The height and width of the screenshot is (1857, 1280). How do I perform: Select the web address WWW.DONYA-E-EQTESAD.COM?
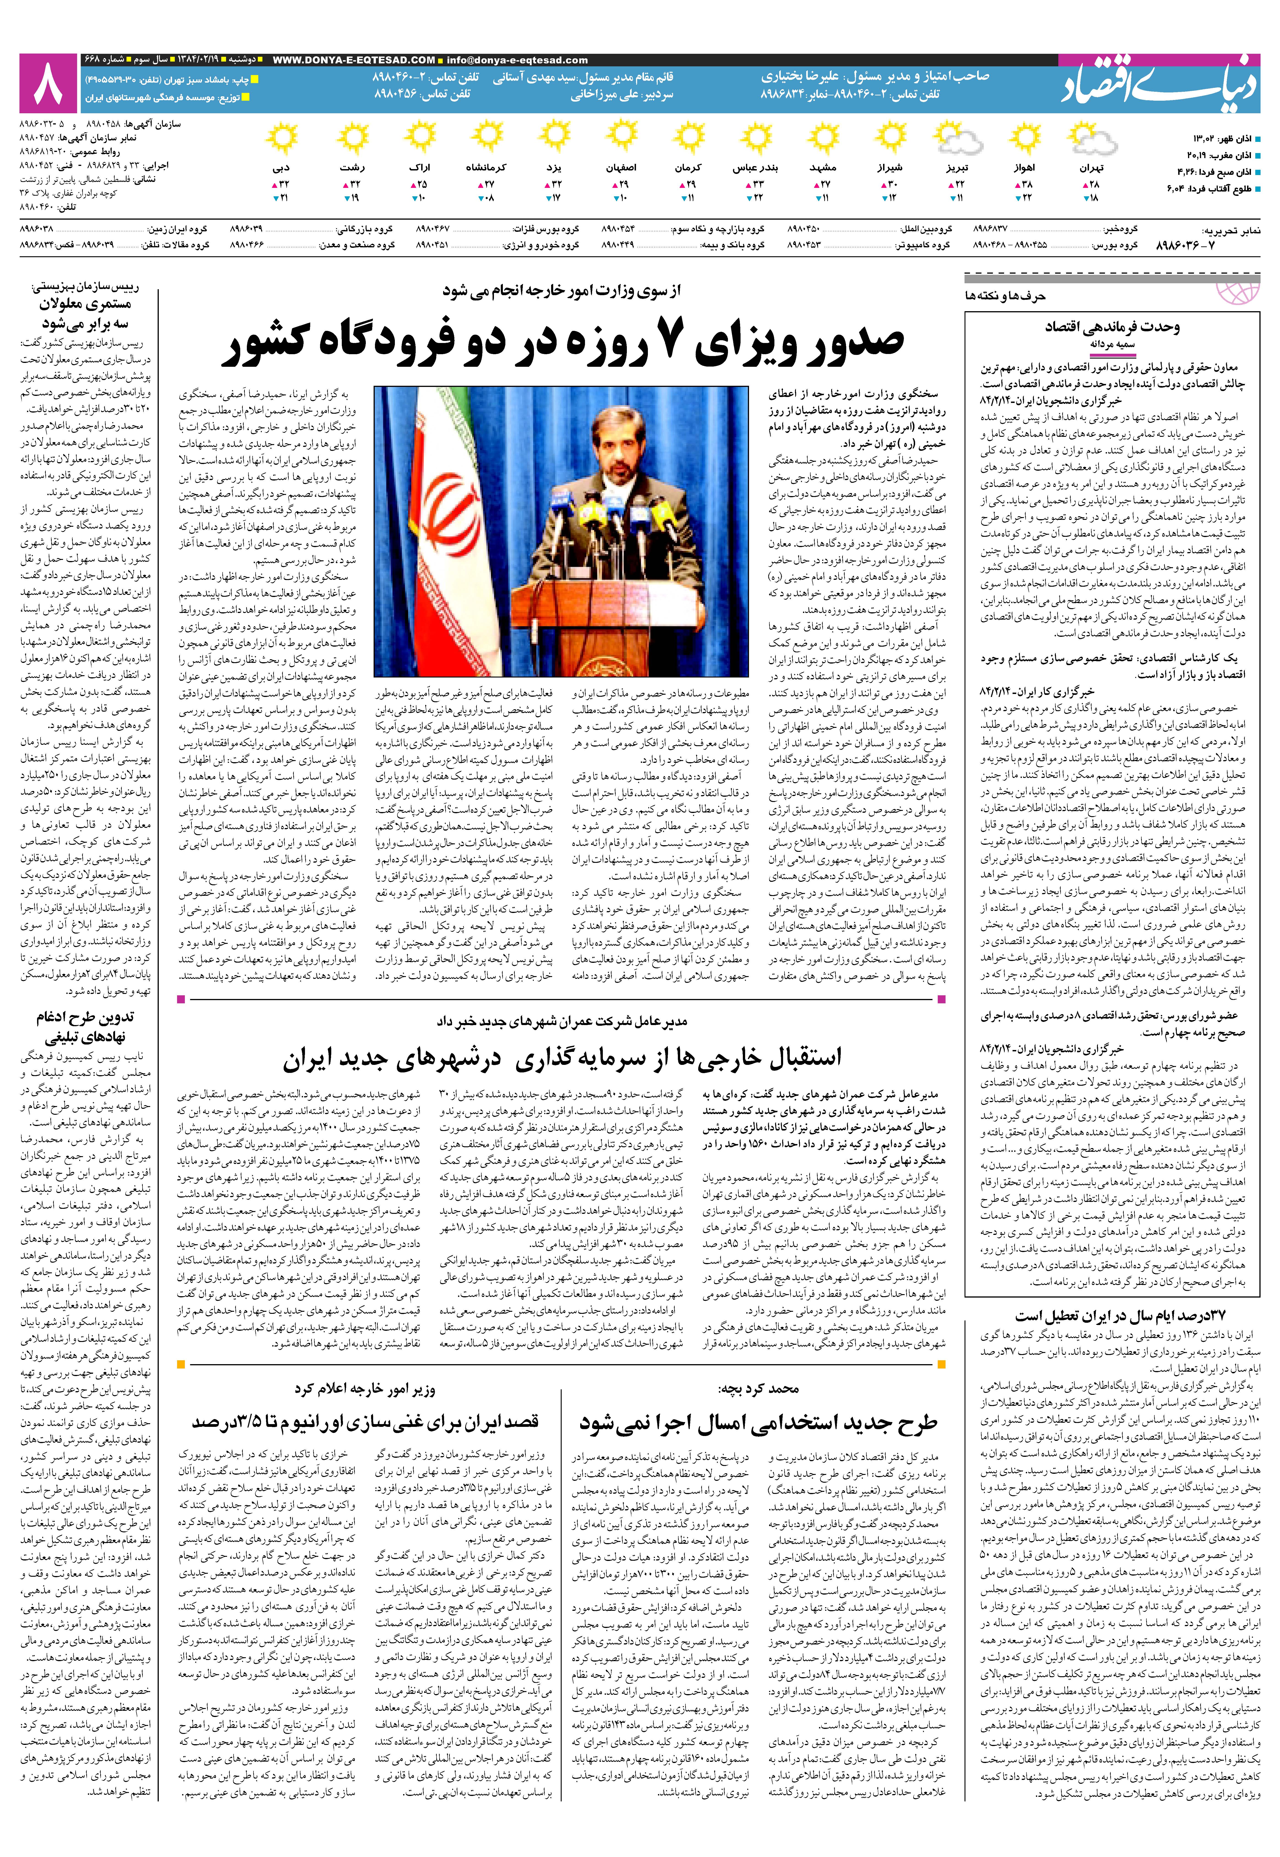[354, 59]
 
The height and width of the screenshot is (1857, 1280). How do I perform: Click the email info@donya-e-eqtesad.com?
[517, 59]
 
